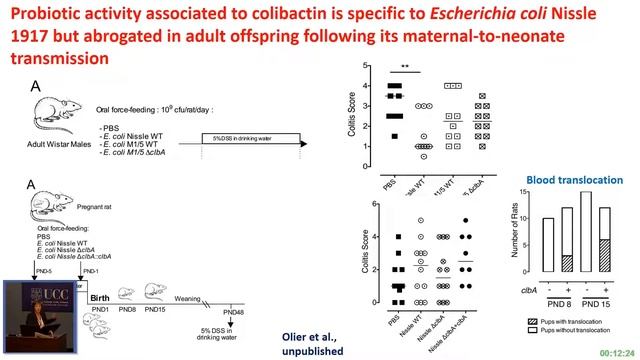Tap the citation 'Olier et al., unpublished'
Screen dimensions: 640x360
[312, 345]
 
